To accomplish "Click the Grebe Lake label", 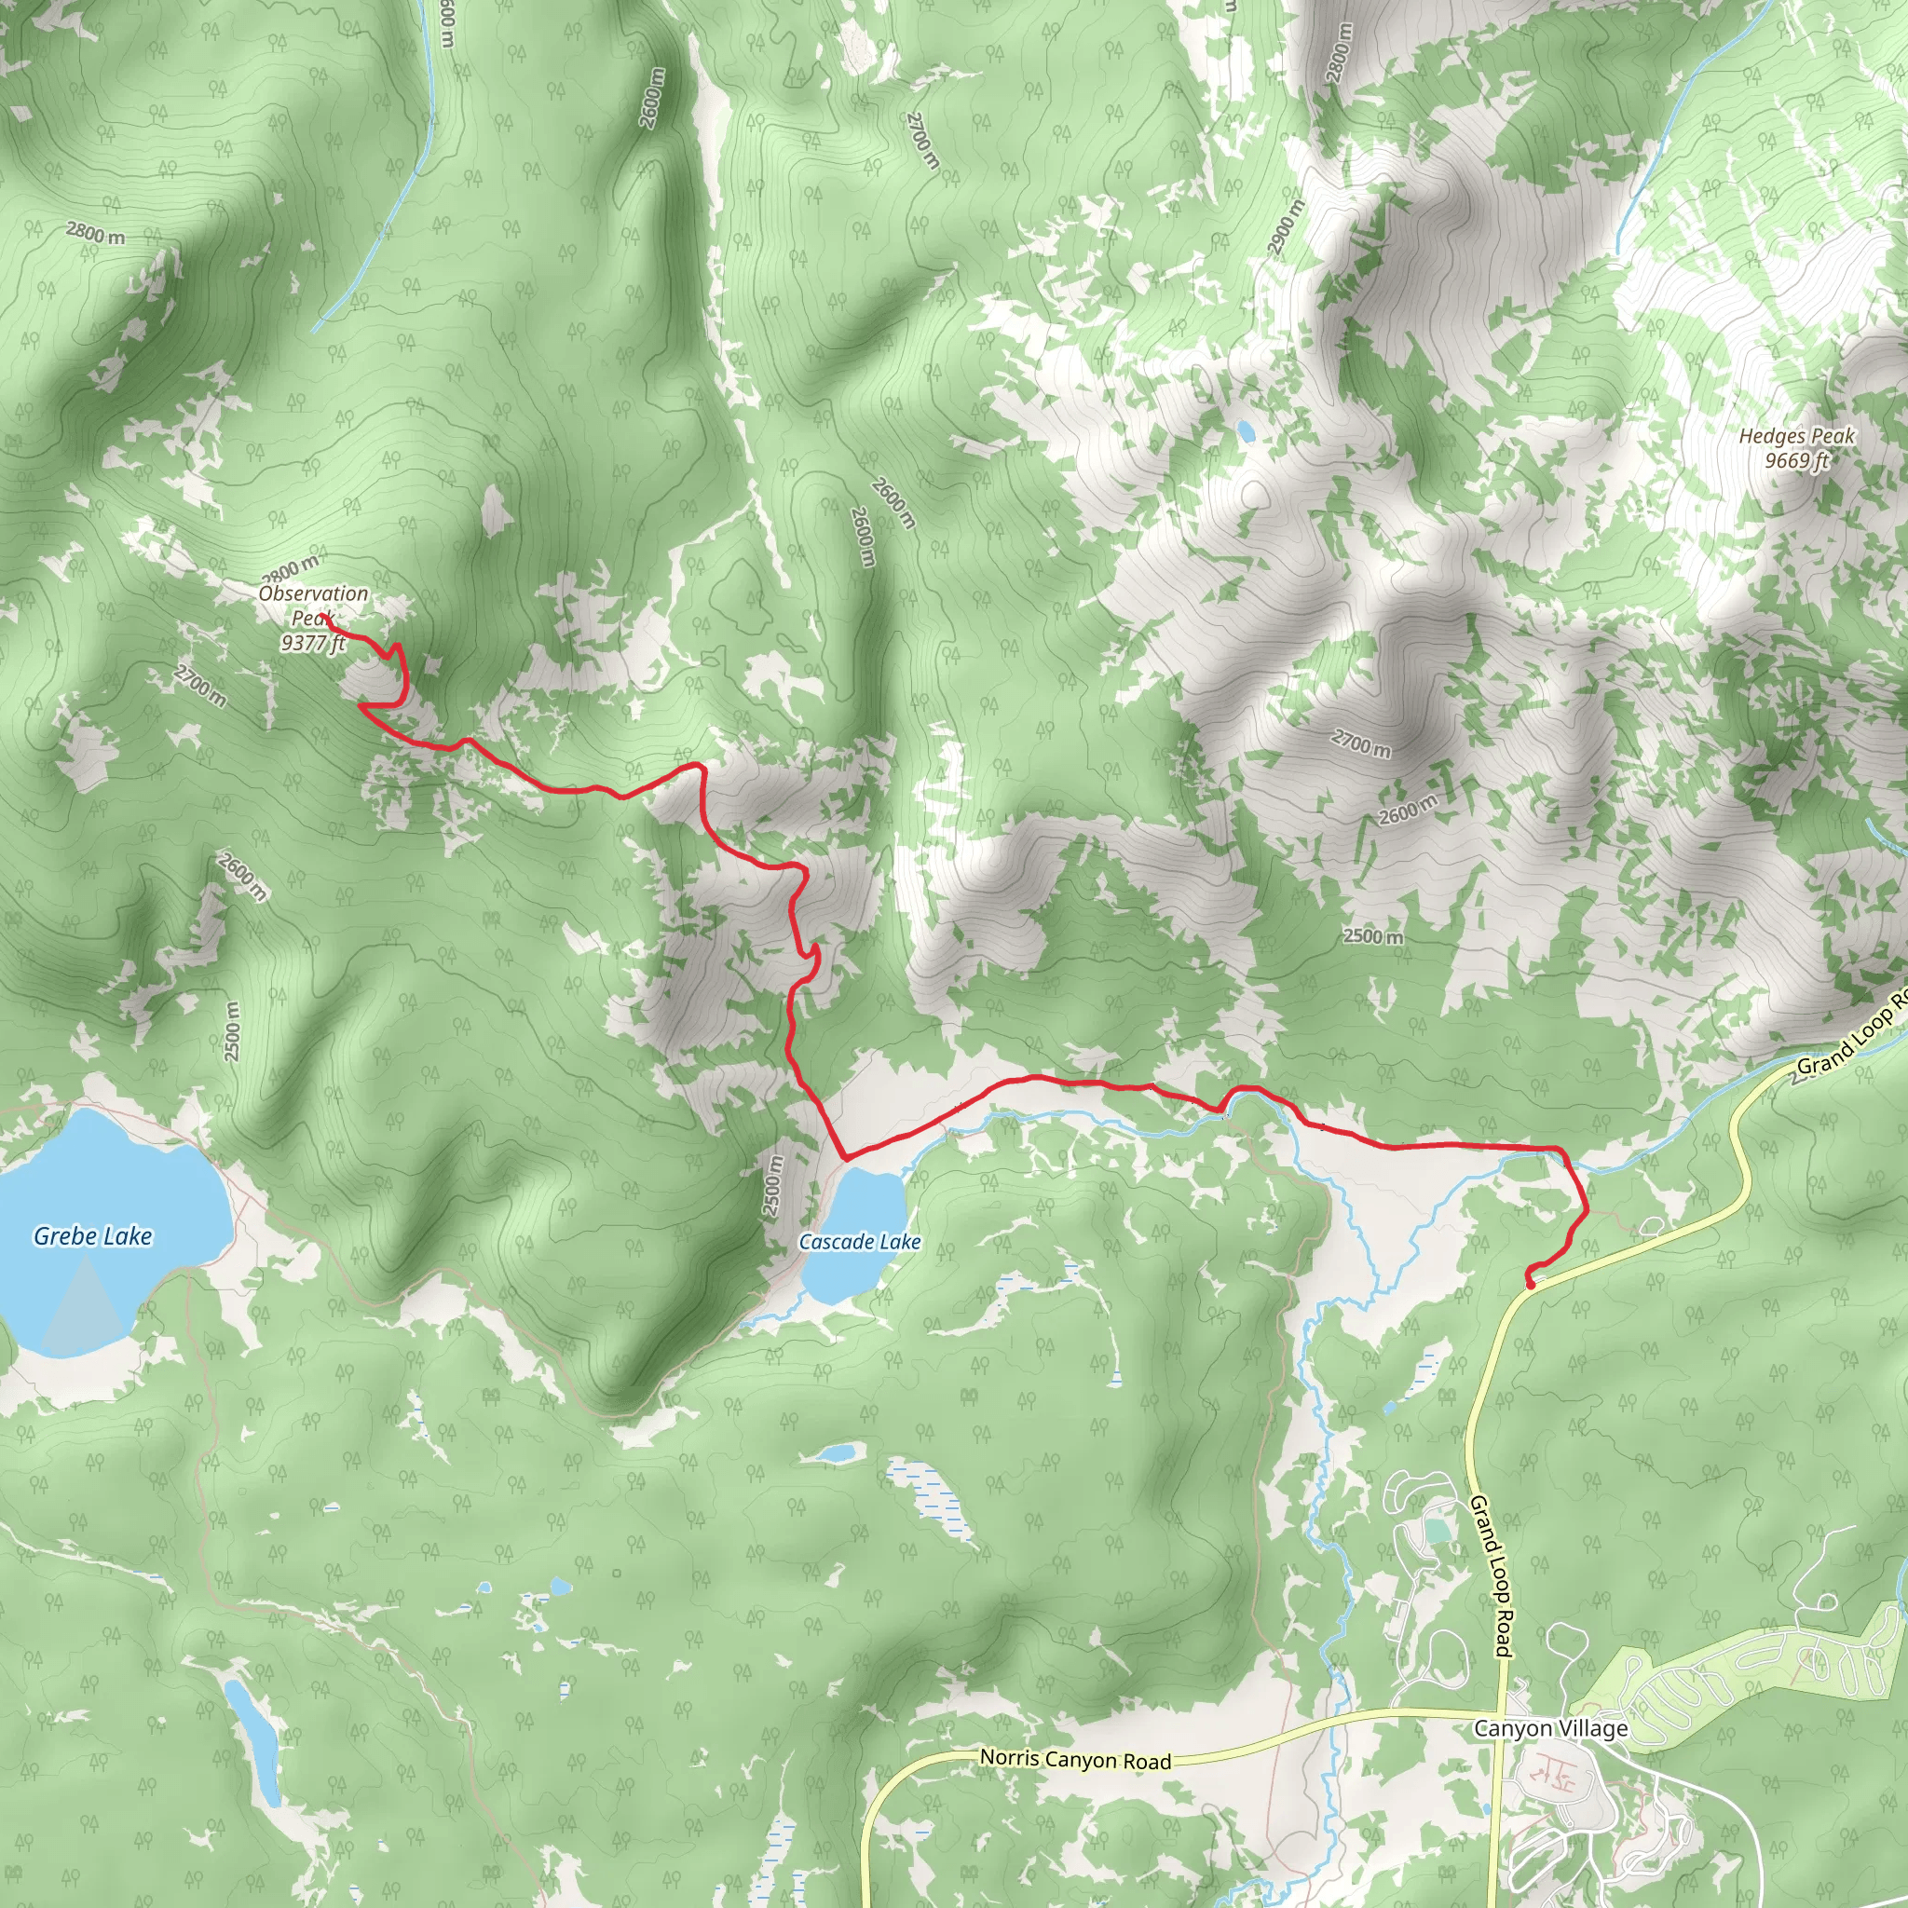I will click(93, 1235).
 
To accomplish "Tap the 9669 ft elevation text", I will click(1796, 460).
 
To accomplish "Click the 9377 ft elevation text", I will click(313, 643).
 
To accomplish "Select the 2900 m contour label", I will click(1286, 226).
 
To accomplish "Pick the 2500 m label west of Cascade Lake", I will click(773, 1185).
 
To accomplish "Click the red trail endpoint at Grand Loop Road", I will click(1530, 1285).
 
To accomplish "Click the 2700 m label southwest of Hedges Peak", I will click(1361, 743).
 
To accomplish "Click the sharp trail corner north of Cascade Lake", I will click(845, 1157).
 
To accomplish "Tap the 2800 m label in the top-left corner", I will click(96, 233).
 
